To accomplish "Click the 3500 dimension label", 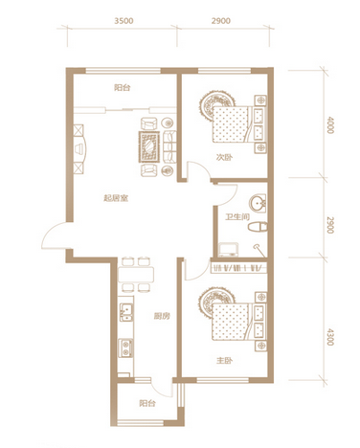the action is (124, 21).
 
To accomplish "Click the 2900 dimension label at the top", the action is (220, 21).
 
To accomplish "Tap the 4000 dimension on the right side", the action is (330, 125).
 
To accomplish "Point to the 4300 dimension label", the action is (330, 337).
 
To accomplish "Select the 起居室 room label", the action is (116, 198).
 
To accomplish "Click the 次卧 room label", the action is (224, 157).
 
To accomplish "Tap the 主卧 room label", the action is (224, 361).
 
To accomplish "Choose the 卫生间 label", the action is (237, 217).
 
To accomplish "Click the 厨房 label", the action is (162, 316).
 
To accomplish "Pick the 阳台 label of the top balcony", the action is (123, 88).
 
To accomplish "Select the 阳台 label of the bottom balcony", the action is (147, 403).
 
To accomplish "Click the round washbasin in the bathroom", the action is (258, 203).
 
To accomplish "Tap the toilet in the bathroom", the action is (258, 227).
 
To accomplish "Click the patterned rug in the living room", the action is (148, 146).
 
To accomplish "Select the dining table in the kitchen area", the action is (136, 275).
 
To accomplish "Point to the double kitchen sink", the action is (126, 312).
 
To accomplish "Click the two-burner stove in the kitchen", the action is (125, 348).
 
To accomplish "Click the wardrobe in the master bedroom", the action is (238, 268).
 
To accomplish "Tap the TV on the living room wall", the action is (79, 149).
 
